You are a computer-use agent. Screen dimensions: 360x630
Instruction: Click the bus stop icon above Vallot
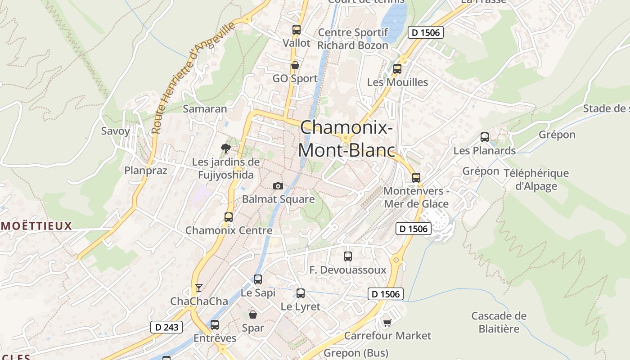click(x=296, y=30)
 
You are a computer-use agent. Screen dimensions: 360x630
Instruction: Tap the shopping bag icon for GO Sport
click(x=295, y=66)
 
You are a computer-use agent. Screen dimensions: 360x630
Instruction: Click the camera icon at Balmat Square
click(x=278, y=186)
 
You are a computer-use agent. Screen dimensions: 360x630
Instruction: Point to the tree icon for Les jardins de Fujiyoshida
click(x=226, y=148)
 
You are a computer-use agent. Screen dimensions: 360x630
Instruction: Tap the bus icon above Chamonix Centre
click(x=229, y=217)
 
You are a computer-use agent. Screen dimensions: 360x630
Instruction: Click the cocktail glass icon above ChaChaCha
click(x=199, y=288)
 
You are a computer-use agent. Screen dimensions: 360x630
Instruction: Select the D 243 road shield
click(x=166, y=327)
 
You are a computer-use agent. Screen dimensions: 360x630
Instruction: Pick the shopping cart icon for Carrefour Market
click(x=387, y=323)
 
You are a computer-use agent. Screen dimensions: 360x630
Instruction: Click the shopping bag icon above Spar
click(x=253, y=315)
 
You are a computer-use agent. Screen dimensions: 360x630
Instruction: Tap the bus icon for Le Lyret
click(x=301, y=293)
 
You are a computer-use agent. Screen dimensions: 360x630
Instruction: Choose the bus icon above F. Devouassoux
click(x=348, y=256)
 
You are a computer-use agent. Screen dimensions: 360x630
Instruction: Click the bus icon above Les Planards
click(x=485, y=137)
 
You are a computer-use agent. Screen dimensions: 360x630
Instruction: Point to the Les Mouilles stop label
click(x=397, y=82)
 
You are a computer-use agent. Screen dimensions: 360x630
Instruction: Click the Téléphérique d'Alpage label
click(x=536, y=180)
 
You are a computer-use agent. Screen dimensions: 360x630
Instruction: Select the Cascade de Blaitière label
click(x=499, y=322)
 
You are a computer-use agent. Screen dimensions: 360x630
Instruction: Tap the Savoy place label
click(x=116, y=131)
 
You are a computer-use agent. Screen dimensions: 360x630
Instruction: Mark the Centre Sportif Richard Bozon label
click(x=353, y=39)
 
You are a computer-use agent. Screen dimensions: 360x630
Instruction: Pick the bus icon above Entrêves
click(x=215, y=324)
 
